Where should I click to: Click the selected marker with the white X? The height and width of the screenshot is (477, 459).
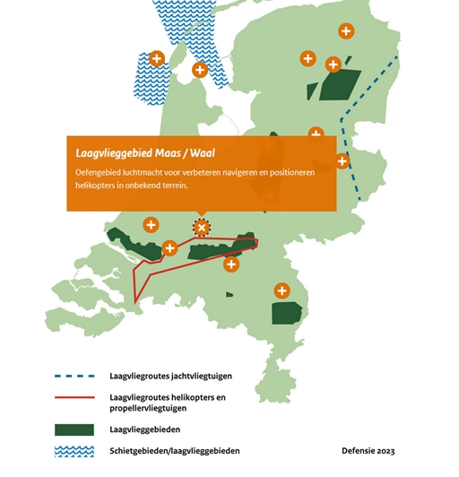202,227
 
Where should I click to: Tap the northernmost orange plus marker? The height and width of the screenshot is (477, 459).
345,30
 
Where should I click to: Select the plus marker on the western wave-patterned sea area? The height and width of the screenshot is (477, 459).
157,59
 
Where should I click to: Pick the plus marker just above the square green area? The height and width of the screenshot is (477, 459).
282,291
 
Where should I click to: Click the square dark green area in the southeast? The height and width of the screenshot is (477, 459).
288,313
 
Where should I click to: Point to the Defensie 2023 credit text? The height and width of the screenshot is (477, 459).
368,451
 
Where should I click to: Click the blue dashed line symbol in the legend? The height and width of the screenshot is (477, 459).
75,376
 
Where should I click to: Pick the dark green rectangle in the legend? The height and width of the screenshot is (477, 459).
75,429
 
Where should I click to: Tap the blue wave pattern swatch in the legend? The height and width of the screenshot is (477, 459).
75,451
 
